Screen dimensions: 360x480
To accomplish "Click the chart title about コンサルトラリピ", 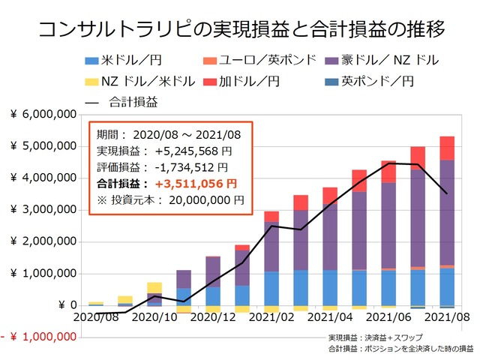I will point(240,29).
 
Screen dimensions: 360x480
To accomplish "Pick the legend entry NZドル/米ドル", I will point(139,80).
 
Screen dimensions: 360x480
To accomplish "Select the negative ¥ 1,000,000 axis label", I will point(41,337).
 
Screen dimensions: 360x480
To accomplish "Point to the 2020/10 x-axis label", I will point(154,317).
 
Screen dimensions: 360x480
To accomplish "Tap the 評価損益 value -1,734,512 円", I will point(191,167).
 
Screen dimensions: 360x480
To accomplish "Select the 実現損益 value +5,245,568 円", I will point(191,152).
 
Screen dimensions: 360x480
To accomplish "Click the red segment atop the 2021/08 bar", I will point(446,148).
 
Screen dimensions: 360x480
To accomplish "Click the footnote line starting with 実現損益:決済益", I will point(375,337).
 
